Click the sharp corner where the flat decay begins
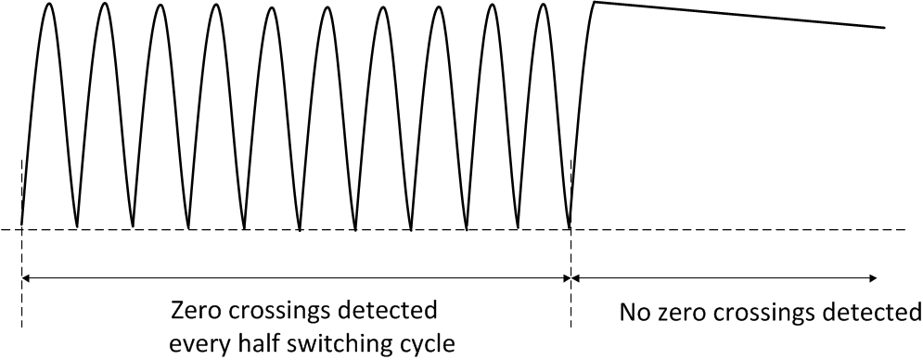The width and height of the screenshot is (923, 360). point(596,3)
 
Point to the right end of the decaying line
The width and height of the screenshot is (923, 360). point(884,28)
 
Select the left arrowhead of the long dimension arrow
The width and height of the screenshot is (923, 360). point(25,276)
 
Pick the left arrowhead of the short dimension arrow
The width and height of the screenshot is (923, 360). point(575,276)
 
